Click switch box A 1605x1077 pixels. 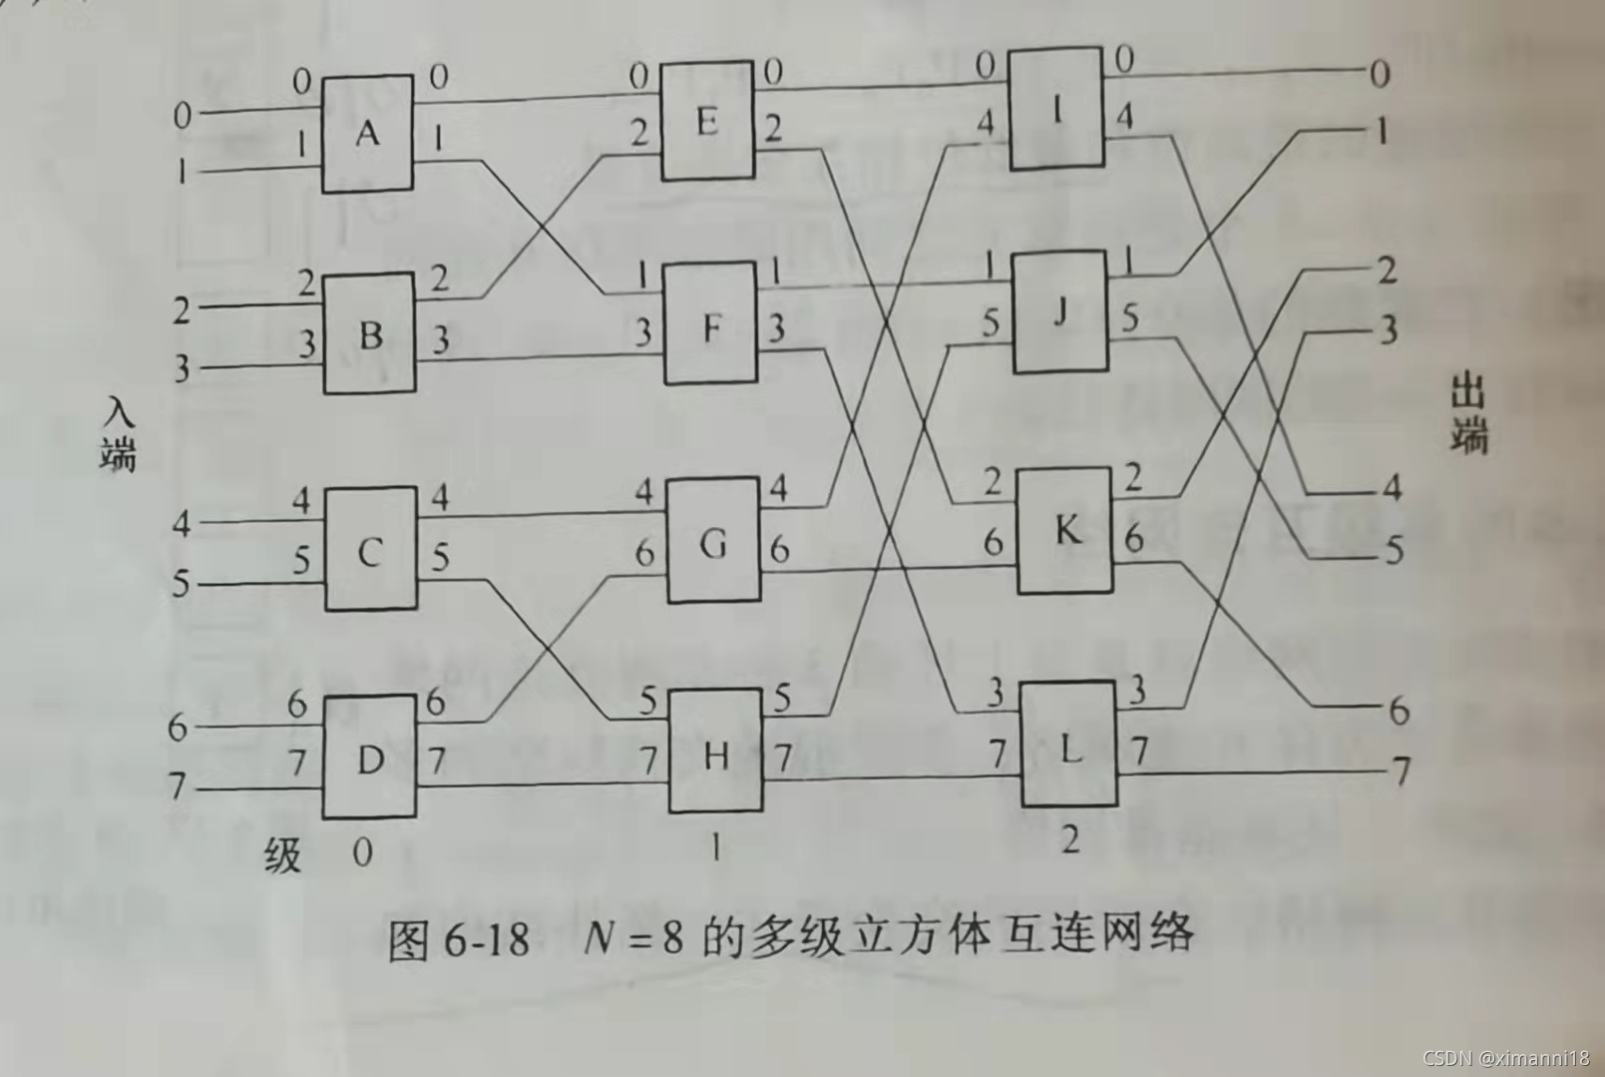coord(367,133)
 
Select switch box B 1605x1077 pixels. coord(369,333)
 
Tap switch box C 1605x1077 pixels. coord(370,550)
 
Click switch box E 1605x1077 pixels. coord(707,121)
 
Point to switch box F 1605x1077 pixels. coord(710,325)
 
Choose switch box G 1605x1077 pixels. coord(712,542)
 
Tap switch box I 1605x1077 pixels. coord(1056,108)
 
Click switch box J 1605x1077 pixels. coord(1060,312)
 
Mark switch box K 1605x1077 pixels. coord(1065,530)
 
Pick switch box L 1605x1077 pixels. coord(1068,745)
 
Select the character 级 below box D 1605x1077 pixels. coord(283,854)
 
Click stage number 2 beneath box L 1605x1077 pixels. coord(1069,840)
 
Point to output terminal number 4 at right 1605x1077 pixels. coord(1392,488)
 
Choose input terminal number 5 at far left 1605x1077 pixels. coord(181,582)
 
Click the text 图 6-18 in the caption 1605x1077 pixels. coord(458,938)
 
